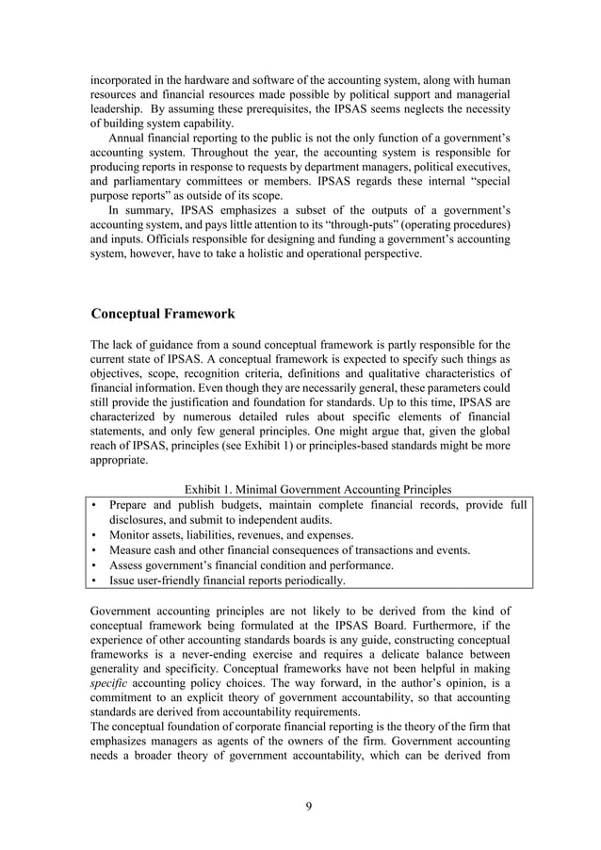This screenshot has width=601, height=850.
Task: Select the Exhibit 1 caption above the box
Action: [317, 489]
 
